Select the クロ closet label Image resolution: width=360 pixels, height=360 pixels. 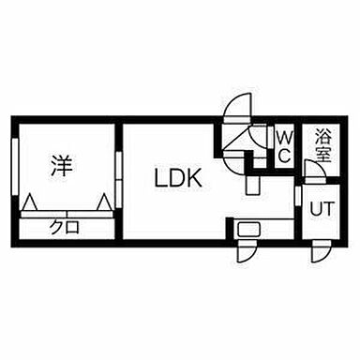[65, 226]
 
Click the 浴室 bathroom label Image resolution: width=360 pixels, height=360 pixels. [322, 144]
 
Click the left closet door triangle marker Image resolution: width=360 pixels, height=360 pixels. [31, 202]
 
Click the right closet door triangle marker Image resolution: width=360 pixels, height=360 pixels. [101, 202]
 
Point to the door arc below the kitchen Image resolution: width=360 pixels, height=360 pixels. [246, 251]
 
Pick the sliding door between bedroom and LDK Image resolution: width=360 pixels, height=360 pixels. [119, 173]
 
